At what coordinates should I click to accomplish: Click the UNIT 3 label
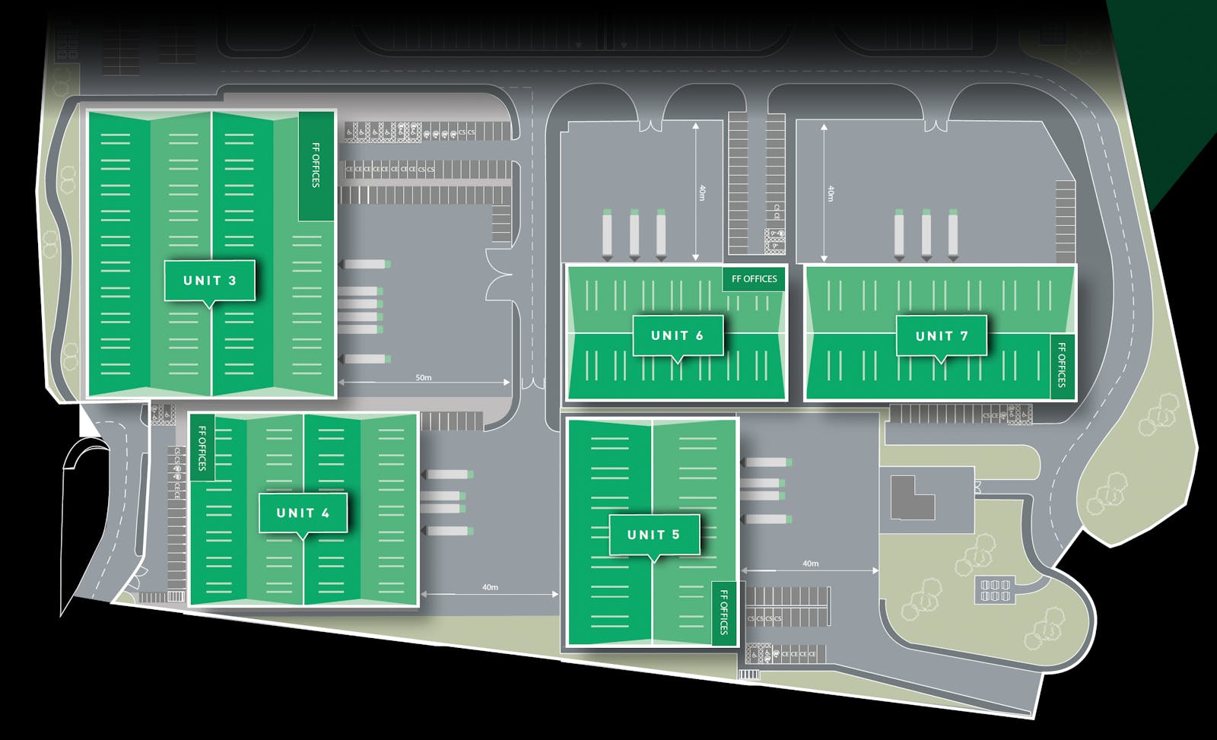[209, 281]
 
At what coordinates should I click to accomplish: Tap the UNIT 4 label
[303, 513]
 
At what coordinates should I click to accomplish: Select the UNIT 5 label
[653, 535]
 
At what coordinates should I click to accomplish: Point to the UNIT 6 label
[677, 335]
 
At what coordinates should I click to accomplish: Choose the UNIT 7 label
[942, 336]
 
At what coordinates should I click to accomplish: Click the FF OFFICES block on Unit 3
[316, 165]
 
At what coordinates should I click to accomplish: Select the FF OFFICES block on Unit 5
[724, 613]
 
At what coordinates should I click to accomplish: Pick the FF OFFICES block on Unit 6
[754, 279]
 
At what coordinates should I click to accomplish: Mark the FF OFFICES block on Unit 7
[1062, 366]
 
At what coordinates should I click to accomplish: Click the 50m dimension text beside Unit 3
[424, 377]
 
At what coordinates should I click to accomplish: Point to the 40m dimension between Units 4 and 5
[490, 587]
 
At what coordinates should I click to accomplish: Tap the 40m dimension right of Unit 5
[810, 564]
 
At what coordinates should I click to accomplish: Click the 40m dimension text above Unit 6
[701, 193]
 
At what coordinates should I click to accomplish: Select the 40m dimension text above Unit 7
[830, 193]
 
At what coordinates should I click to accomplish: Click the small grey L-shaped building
[912, 497]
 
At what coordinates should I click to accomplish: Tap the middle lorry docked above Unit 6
[634, 234]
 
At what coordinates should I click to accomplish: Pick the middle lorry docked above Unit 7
[926, 234]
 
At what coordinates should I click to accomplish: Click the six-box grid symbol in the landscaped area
[995, 590]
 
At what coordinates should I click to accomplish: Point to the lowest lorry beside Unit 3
[365, 359]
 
